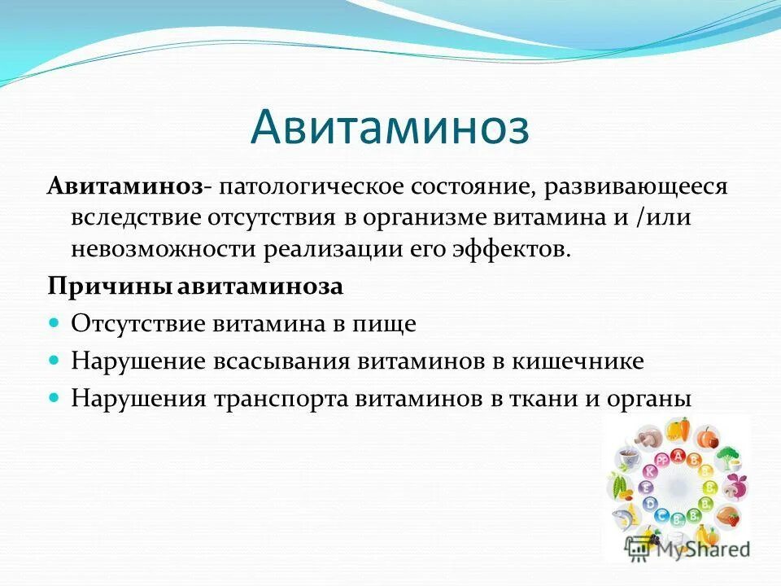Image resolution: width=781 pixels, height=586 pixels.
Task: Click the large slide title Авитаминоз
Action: pyautogui.click(x=390, y=129)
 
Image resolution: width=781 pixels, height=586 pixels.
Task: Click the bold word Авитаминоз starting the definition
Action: pyautogui.click(x=124, y=187)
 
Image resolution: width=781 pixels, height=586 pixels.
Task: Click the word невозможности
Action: pyautogui.click(x=163, y=248)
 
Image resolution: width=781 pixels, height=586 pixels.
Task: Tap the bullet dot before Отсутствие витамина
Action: pyautogui.click(x=55, y=323)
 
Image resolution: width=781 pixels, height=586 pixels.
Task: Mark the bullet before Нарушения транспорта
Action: pyautogui.click(x=55, y=398)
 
